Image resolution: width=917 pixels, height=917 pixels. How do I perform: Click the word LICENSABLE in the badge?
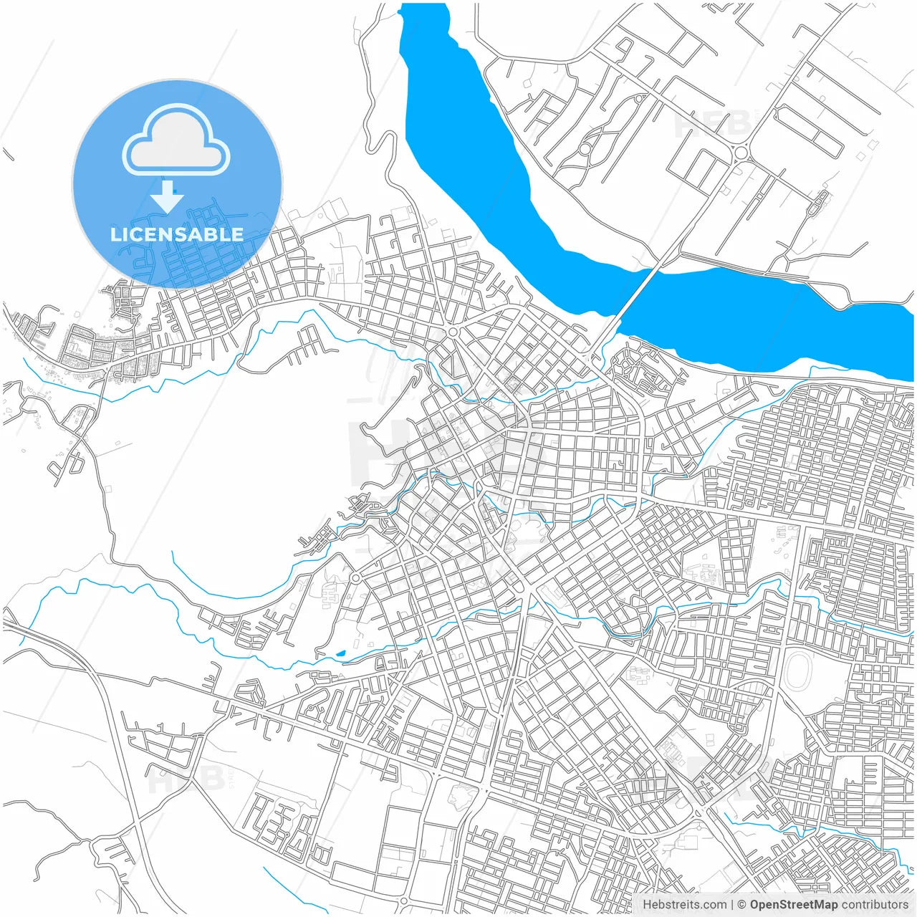point(177,234)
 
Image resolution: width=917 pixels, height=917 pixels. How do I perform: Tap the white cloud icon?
point(176,140)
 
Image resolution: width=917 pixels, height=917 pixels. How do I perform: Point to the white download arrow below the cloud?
point(167,196)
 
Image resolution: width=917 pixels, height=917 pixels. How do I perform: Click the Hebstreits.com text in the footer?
point(685,905)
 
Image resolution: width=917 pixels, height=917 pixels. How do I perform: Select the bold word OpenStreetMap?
point(794,905)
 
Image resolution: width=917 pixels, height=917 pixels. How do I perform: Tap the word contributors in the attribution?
point(875,905)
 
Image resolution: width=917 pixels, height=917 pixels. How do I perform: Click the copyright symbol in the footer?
point(742,905)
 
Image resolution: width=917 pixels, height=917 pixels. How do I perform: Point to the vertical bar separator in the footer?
point(731,905)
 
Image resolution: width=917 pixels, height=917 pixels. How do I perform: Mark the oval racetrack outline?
point(798,673)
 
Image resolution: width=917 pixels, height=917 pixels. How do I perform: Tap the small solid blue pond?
point(340,653)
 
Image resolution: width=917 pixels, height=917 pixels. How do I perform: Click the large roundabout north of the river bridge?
point(740,151)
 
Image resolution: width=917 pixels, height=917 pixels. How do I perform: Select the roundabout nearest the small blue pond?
point(355,577)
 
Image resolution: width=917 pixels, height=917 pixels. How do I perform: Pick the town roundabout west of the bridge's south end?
point(452,332)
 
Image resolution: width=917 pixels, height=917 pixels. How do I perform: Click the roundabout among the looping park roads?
point(585,148)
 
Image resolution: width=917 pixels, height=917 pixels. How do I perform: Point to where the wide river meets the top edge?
point(422,6)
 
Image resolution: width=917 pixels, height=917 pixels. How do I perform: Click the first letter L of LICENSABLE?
point(115,234)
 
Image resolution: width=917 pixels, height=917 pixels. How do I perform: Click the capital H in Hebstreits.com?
point(647,905)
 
